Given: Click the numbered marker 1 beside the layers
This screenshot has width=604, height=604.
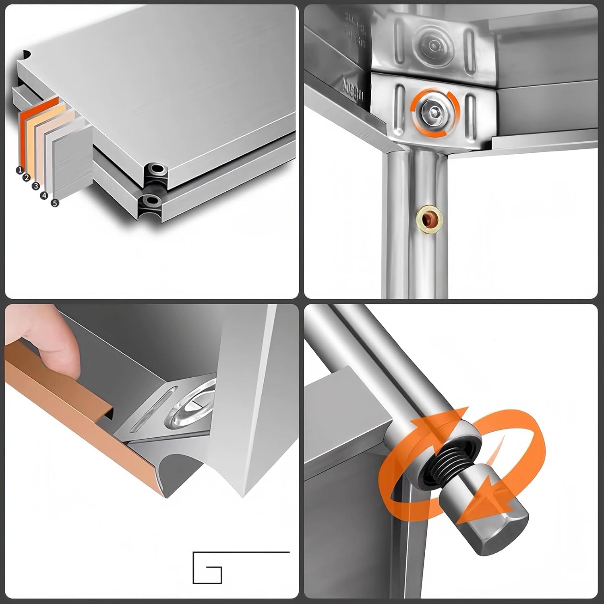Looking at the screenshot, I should [x=19, y=170].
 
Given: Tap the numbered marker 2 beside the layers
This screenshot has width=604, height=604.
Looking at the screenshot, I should [x=27, y=178].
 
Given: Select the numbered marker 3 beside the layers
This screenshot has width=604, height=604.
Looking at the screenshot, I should [x=36, y=186].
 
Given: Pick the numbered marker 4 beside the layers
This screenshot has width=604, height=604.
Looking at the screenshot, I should [x=44, y=196].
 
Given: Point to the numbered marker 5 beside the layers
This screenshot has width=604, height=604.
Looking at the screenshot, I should [x=55, y=203].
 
